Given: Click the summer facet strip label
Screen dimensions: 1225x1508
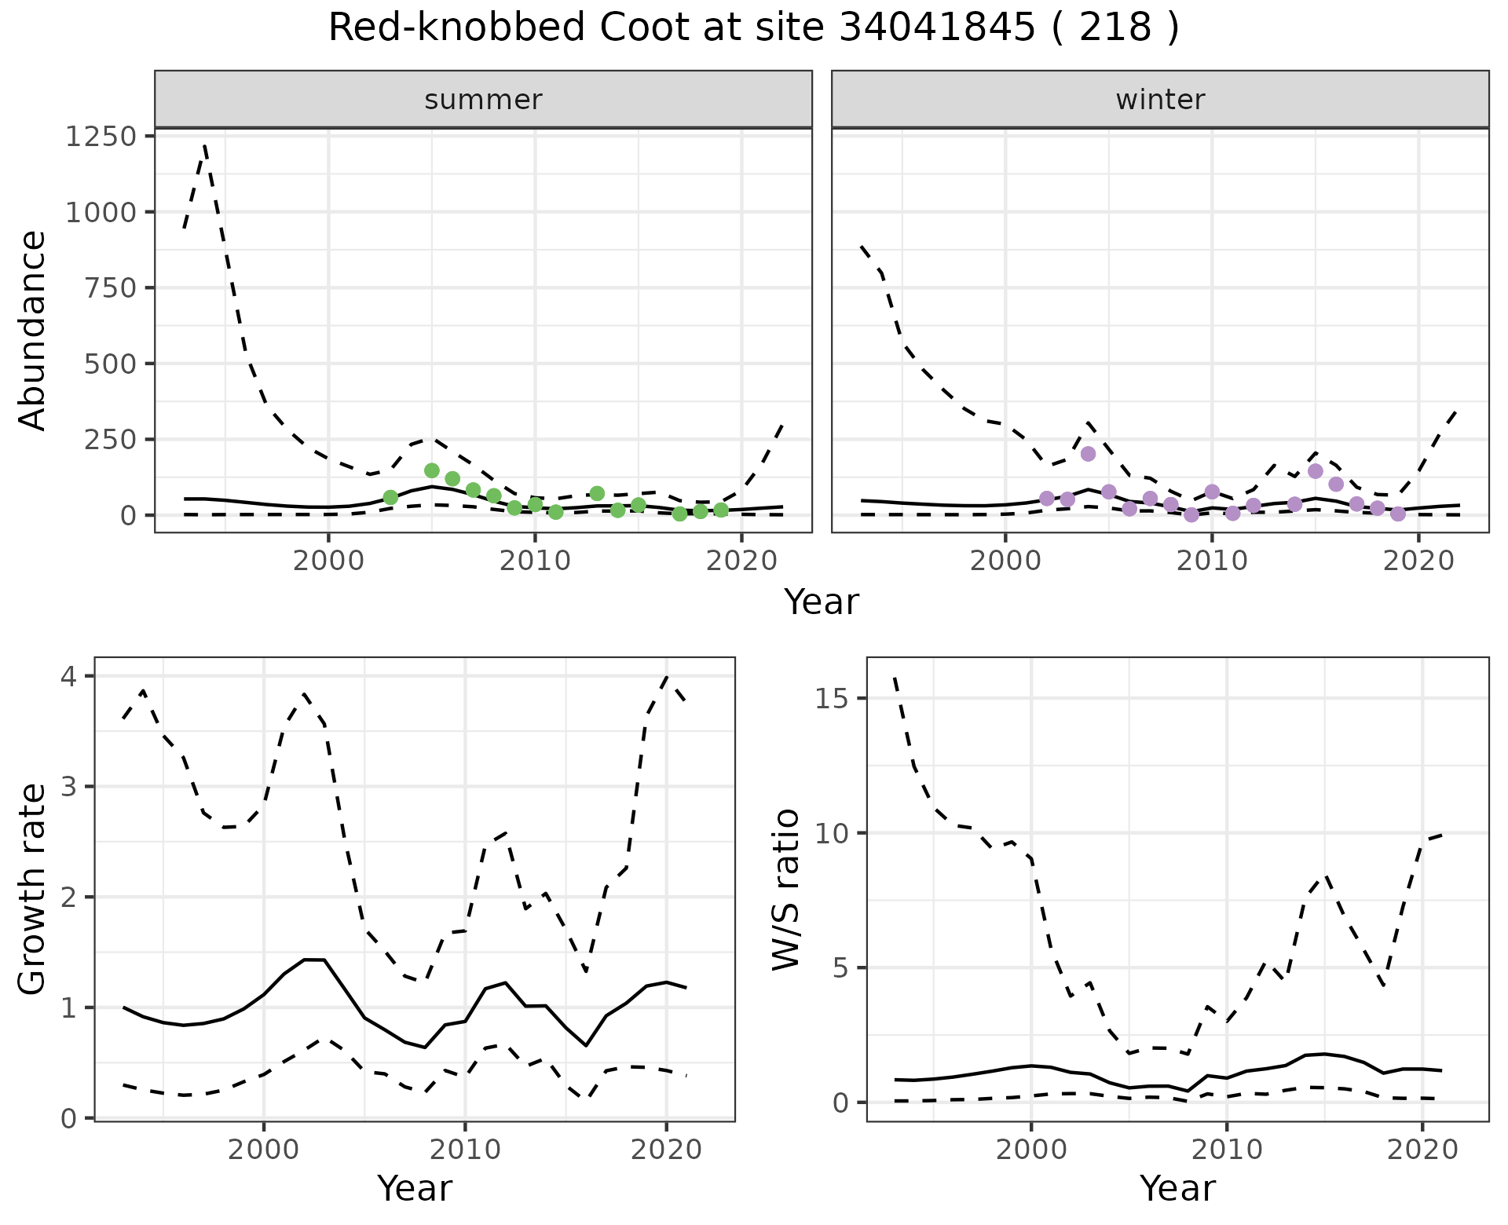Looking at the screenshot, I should click(483, 100).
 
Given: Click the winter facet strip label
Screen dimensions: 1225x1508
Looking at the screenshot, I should click(1160, 100).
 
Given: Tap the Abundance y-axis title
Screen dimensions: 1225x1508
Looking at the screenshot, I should click(33, 330).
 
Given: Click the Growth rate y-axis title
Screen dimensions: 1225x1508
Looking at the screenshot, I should click(33, 889).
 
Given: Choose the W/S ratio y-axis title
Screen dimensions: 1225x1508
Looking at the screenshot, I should click(785, 889).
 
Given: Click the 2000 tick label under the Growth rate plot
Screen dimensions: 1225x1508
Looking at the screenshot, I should click(264, 1150).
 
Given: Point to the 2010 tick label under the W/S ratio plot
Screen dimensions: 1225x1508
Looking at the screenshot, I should click(1227, 1150).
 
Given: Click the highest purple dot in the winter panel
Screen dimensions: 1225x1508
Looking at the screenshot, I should click(1088, 454).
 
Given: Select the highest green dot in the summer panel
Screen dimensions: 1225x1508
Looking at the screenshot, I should click(431, 470).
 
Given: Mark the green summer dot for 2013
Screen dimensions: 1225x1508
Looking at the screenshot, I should click(597, 494).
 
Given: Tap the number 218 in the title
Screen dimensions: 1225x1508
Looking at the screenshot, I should click(1115, 28).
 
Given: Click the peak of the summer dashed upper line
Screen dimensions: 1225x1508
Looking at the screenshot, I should click(205, 146).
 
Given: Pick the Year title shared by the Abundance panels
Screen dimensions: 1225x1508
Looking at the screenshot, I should click(822, 602).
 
